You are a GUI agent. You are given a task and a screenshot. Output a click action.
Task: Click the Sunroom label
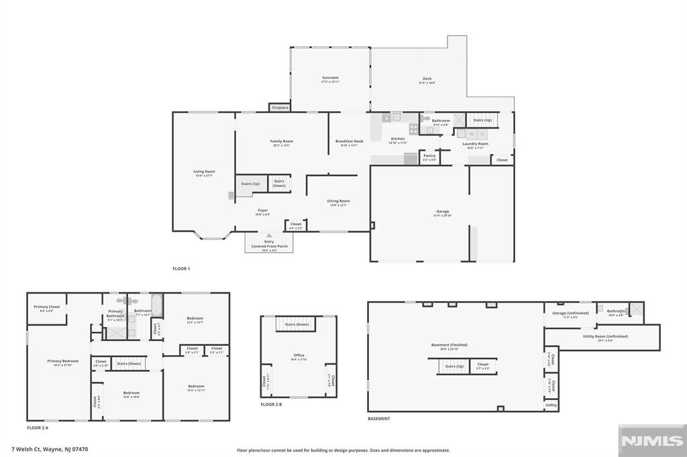click(329, 78)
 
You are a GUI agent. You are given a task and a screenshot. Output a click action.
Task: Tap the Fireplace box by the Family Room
click(280, 107)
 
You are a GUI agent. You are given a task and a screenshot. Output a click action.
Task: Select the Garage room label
click(442, 212)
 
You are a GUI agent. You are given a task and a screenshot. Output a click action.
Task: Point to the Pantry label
click(429, 156)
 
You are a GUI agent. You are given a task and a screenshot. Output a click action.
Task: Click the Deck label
click(427, 79)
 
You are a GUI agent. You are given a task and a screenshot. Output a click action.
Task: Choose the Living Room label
click(204, 172)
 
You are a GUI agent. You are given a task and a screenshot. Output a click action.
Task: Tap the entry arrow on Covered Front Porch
click(268, 236)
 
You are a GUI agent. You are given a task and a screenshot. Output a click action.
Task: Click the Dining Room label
click(339, 201)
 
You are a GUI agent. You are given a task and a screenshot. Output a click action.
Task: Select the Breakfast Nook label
click(349, 141)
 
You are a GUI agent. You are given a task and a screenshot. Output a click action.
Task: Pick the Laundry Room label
click(475, 144)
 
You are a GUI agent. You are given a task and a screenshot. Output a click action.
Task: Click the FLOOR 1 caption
click(181, 269)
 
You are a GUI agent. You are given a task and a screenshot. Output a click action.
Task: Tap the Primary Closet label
click(46, 307)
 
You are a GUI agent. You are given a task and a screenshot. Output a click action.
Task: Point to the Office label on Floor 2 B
click(299, 356)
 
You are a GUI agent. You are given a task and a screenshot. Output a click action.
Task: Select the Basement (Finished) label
click(449, 345)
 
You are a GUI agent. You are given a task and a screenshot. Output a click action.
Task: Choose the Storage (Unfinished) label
click(570, 313)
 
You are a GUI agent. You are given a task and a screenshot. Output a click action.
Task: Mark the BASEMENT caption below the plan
click(378, 419)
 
